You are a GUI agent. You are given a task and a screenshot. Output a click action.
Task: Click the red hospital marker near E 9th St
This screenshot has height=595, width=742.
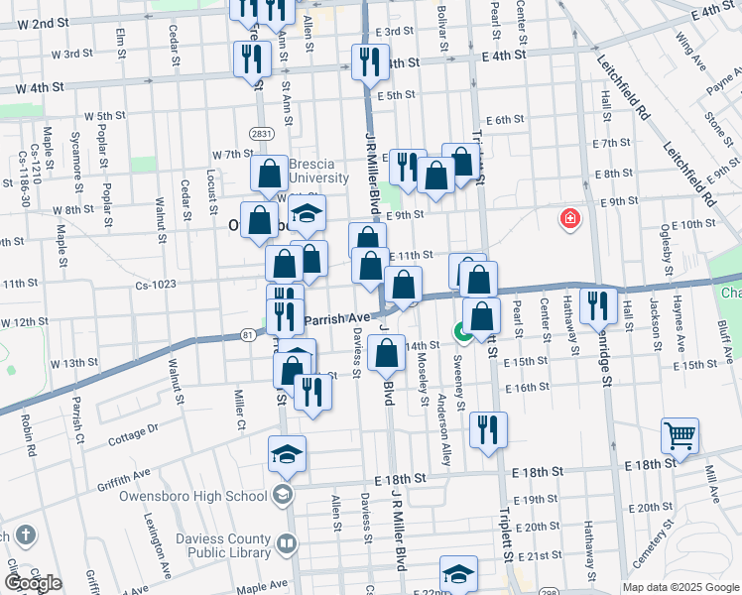tap(570, 218)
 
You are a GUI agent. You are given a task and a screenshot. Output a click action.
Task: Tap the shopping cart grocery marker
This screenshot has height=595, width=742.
tap(680, 434)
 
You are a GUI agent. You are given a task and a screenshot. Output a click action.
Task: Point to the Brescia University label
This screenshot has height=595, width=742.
tap(318, 172)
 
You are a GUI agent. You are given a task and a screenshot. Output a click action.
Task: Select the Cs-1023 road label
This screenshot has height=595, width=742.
tap(156, 285)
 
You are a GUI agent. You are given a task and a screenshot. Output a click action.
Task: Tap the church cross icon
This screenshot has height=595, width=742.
tap(26, 535)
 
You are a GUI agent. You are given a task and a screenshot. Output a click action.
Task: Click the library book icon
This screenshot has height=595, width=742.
tap(287, 543)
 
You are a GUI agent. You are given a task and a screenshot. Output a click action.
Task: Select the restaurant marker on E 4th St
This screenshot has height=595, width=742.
tap(365, 59)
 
